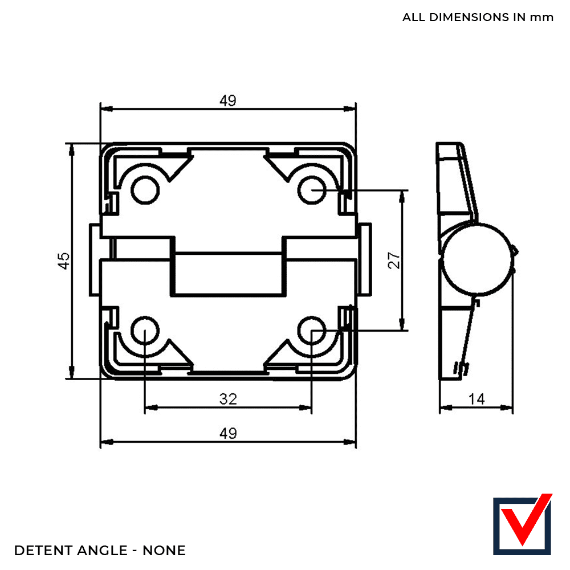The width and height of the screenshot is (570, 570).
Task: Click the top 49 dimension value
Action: click(x=228, y=100)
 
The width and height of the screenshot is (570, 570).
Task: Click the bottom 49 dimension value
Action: click(x=228, y=433)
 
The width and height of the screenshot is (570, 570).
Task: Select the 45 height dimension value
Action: click(x=64, y=260)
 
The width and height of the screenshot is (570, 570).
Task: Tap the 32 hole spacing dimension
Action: click(x=228, y=399)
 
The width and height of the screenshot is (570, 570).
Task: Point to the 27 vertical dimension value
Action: click(x=394, y=260)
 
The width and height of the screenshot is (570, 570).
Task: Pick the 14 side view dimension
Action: click(x=476, y=399)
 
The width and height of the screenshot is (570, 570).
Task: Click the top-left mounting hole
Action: click(x=145, y=190)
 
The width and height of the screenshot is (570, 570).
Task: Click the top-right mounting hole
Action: click(x=312, y=190)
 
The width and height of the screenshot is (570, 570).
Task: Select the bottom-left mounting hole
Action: click(x=145, y=331)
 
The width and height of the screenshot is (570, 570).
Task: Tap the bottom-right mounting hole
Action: click(x=312, y=331)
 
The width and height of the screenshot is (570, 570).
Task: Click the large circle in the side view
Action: click(x=478, y=258)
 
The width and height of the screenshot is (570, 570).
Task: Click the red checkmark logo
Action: click(x=523, y=524)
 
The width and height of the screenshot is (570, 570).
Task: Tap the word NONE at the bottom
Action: click(x=164, y=551)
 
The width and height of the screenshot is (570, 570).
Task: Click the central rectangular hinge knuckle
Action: click(x=229, y=274)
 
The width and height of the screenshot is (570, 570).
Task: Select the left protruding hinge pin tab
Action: click(x=95, y=260)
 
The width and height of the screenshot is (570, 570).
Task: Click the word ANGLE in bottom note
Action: click(x=102, y=551)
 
